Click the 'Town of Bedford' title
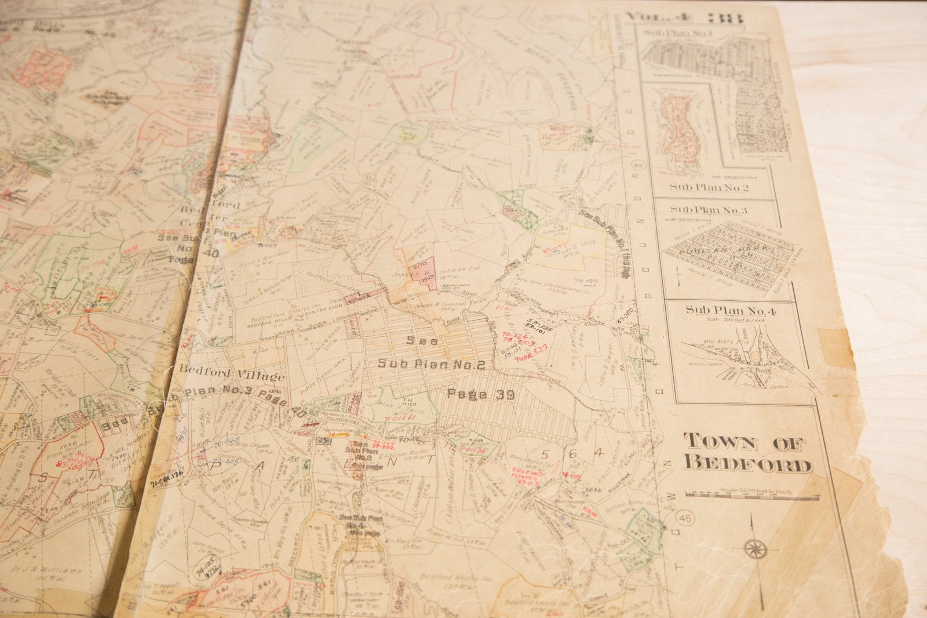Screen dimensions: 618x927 747,453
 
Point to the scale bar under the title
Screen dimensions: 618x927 752,495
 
